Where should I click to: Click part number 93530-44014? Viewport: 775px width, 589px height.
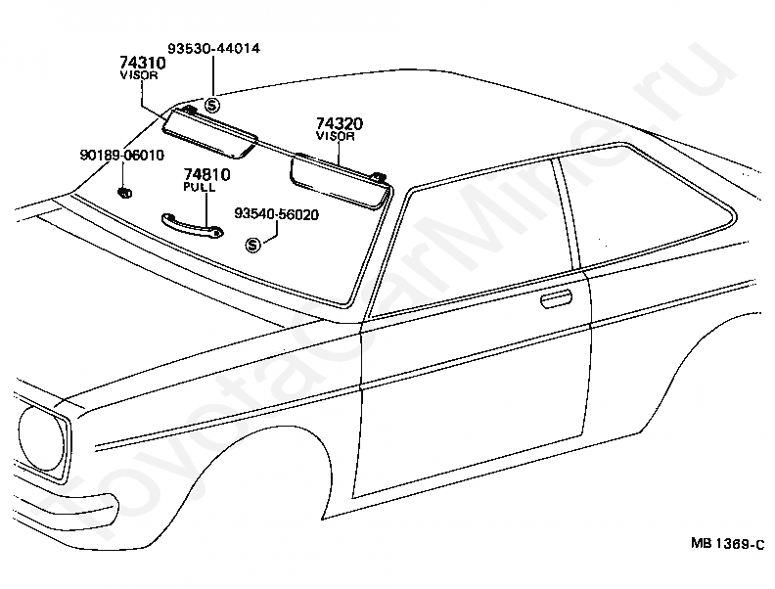pos(213,48)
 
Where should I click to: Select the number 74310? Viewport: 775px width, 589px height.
pos(142,63)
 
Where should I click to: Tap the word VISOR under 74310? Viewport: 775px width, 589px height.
pos(139,75)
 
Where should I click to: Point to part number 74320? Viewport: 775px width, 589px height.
pos(339,123)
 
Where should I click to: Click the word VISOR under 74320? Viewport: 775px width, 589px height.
pos(336,136)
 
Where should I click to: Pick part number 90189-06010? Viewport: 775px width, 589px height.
pos(122,156)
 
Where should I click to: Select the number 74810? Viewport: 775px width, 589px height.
pos(207,174)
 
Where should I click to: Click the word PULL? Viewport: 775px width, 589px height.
pos(200,187)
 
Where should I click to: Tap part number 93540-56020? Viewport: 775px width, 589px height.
pos(276,214)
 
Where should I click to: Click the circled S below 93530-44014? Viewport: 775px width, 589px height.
pos(212,105)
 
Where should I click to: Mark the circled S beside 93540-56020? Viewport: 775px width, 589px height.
pos(252,245)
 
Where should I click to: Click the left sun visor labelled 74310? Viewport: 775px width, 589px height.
pos(209,133)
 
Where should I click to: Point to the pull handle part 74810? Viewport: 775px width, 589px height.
pos(192,225)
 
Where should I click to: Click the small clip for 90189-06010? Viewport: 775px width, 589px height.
pos(124,193)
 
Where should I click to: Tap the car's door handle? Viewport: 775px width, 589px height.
pos(556,299)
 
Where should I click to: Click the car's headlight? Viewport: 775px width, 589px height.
pos(41,439)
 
